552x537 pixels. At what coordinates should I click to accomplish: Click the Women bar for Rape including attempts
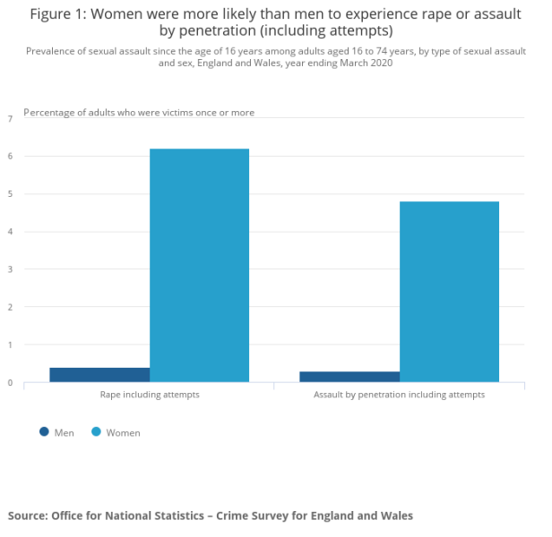[x=199, y=266]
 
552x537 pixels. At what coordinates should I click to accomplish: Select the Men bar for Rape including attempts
[x=99, y=375]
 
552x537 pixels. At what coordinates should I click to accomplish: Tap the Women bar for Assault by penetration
[x=449, y=292]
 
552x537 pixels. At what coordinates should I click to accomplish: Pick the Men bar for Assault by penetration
[x=349, y=377]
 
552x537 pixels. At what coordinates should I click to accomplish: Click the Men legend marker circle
[x=44, y=432]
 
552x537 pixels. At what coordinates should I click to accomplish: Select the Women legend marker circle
[x=96, y=432]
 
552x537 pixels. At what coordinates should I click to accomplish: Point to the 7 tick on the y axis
[x=10, y=118]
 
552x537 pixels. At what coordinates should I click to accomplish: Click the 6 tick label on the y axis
[x=10, y=157]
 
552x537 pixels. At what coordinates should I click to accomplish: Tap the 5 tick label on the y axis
[x=10, y=194]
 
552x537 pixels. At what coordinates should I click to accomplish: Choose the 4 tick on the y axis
[x=10, y=232]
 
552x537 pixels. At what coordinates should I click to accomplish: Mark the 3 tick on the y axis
[x=10, y=269]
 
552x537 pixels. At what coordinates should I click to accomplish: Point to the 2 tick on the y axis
[x=10, y=307]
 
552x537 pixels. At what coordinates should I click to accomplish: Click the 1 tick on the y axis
[x=10, y=345]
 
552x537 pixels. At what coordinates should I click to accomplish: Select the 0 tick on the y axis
[x=10, y=383]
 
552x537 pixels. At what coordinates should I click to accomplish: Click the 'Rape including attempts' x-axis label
[x=149, y=395]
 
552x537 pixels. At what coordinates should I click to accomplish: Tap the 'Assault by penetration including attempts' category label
[x=399, y=395]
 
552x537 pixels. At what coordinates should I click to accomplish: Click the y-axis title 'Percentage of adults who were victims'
[x=139, y=113]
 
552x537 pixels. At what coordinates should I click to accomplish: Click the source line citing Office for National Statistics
[x=211, y=516]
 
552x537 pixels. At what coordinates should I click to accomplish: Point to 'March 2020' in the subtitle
[x=367, y=64]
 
